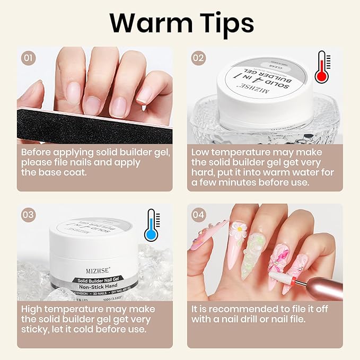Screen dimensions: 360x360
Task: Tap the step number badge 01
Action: tap(28, 58)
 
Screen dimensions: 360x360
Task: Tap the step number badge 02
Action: tap(198, 58)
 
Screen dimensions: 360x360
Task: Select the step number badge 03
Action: tap(28, 215)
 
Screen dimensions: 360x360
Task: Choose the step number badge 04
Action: tap(198, 215)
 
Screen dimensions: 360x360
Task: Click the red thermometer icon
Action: tap(320, 68)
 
